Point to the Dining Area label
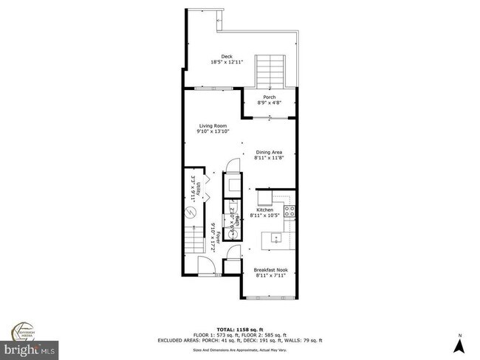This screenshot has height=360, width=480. click(x=269, y=152)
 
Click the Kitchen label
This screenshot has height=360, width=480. click(x=269, y=210)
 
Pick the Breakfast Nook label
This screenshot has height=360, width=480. click(x=269, y=270)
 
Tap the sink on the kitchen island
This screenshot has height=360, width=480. click(x=275, y=238)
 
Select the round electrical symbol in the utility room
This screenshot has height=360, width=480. click(x=190, y=213)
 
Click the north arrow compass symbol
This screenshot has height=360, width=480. click(x=461, y=341)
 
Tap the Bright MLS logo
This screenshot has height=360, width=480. click(x=30, y=346)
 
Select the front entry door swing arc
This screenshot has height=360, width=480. click(x=206, y=268)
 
